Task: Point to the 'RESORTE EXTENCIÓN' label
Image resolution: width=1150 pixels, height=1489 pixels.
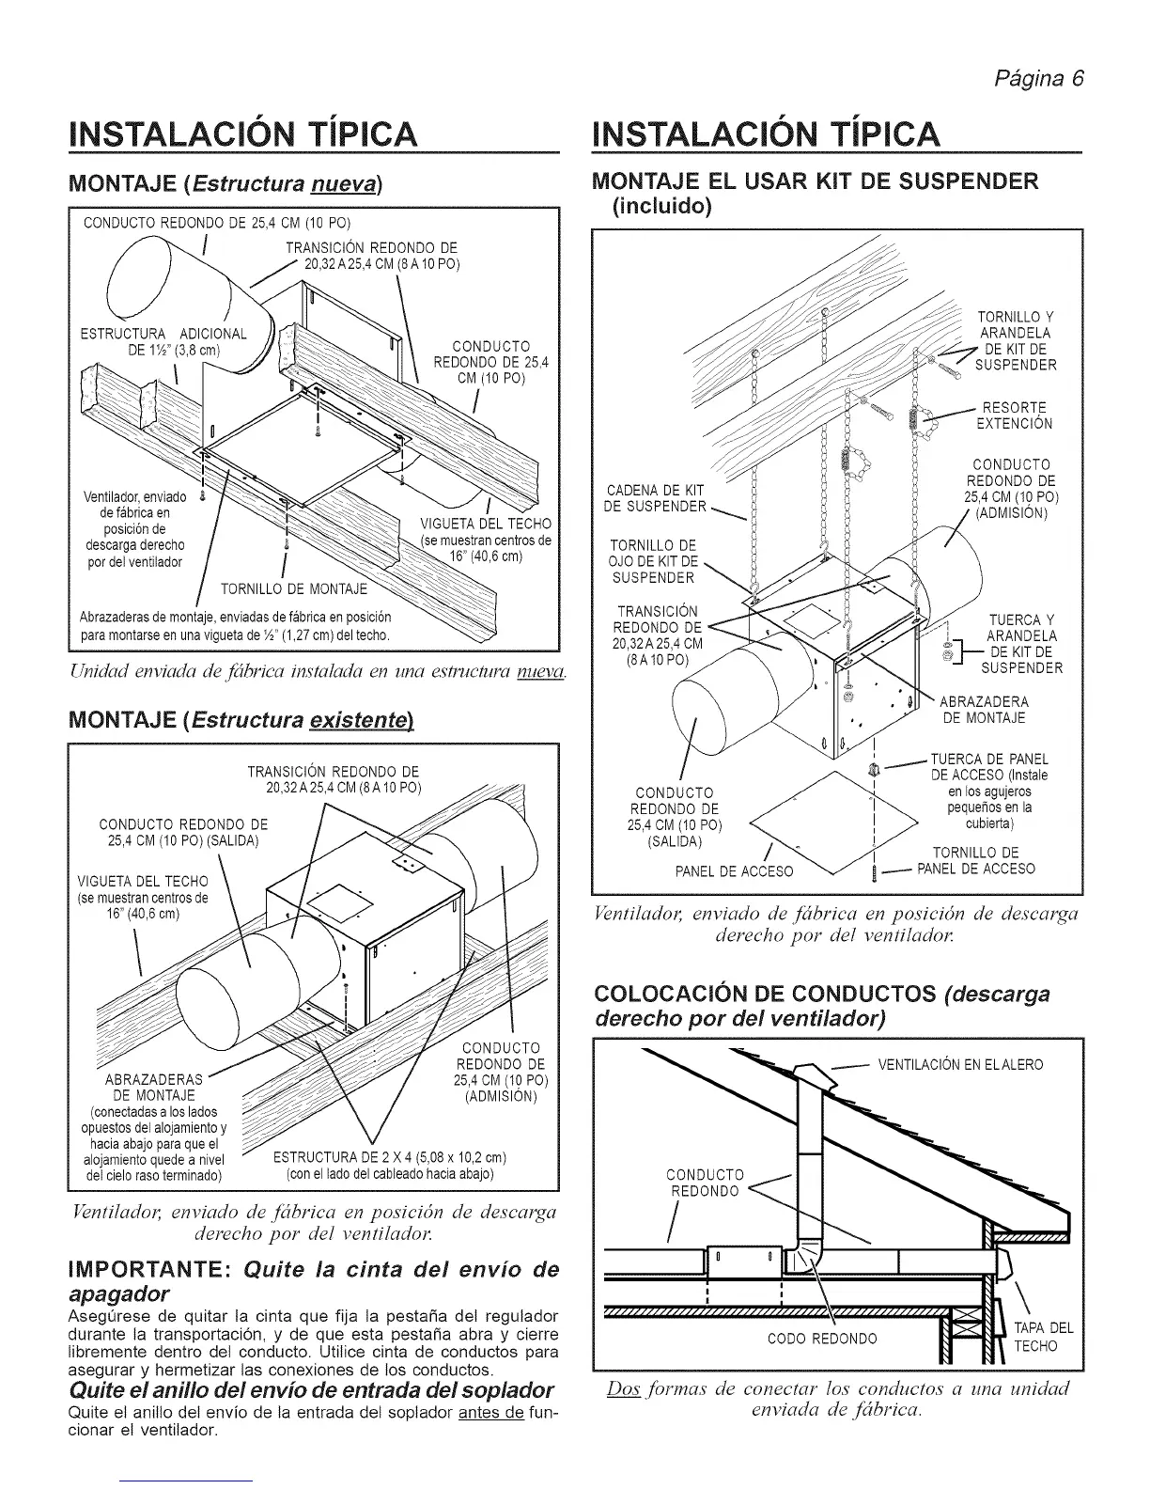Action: [x=1015, y=415]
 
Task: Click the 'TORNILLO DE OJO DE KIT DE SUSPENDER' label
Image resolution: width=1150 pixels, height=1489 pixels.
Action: [x=653, y=562]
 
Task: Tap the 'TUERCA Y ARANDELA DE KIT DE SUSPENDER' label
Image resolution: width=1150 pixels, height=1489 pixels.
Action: [x=1021, y=644]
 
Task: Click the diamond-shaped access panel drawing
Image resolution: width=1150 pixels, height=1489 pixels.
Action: [x=836, y=813]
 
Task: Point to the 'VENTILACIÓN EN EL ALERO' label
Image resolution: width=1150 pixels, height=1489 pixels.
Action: [x=960, y=1065]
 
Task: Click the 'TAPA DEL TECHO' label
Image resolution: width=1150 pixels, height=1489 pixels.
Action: [x=1043, y=1337]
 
